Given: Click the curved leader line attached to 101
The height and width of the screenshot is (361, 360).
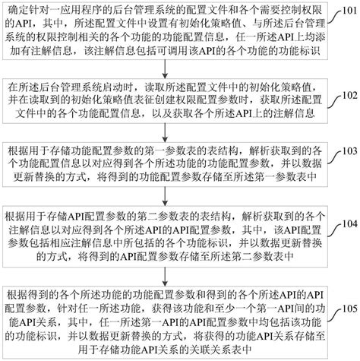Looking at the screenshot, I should [333, 15].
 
